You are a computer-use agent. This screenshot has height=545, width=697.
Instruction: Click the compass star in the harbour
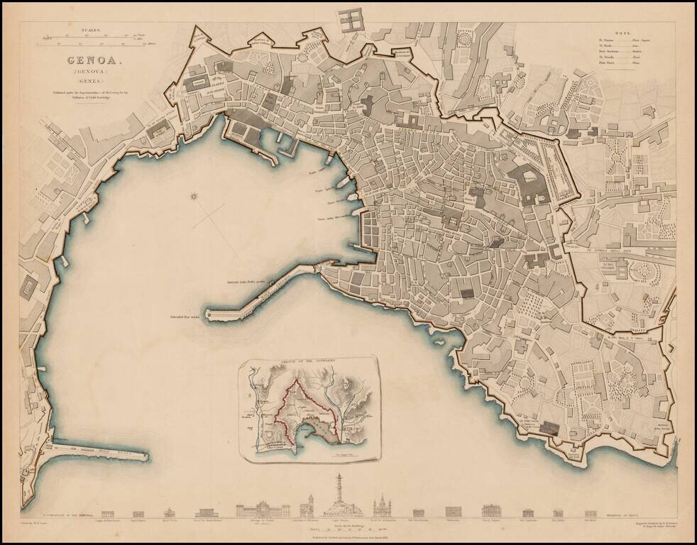tap(193, 196)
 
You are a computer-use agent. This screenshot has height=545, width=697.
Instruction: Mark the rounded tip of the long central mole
tap(209, 313)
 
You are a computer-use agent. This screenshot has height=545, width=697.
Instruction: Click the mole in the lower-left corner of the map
tap(99, 452)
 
